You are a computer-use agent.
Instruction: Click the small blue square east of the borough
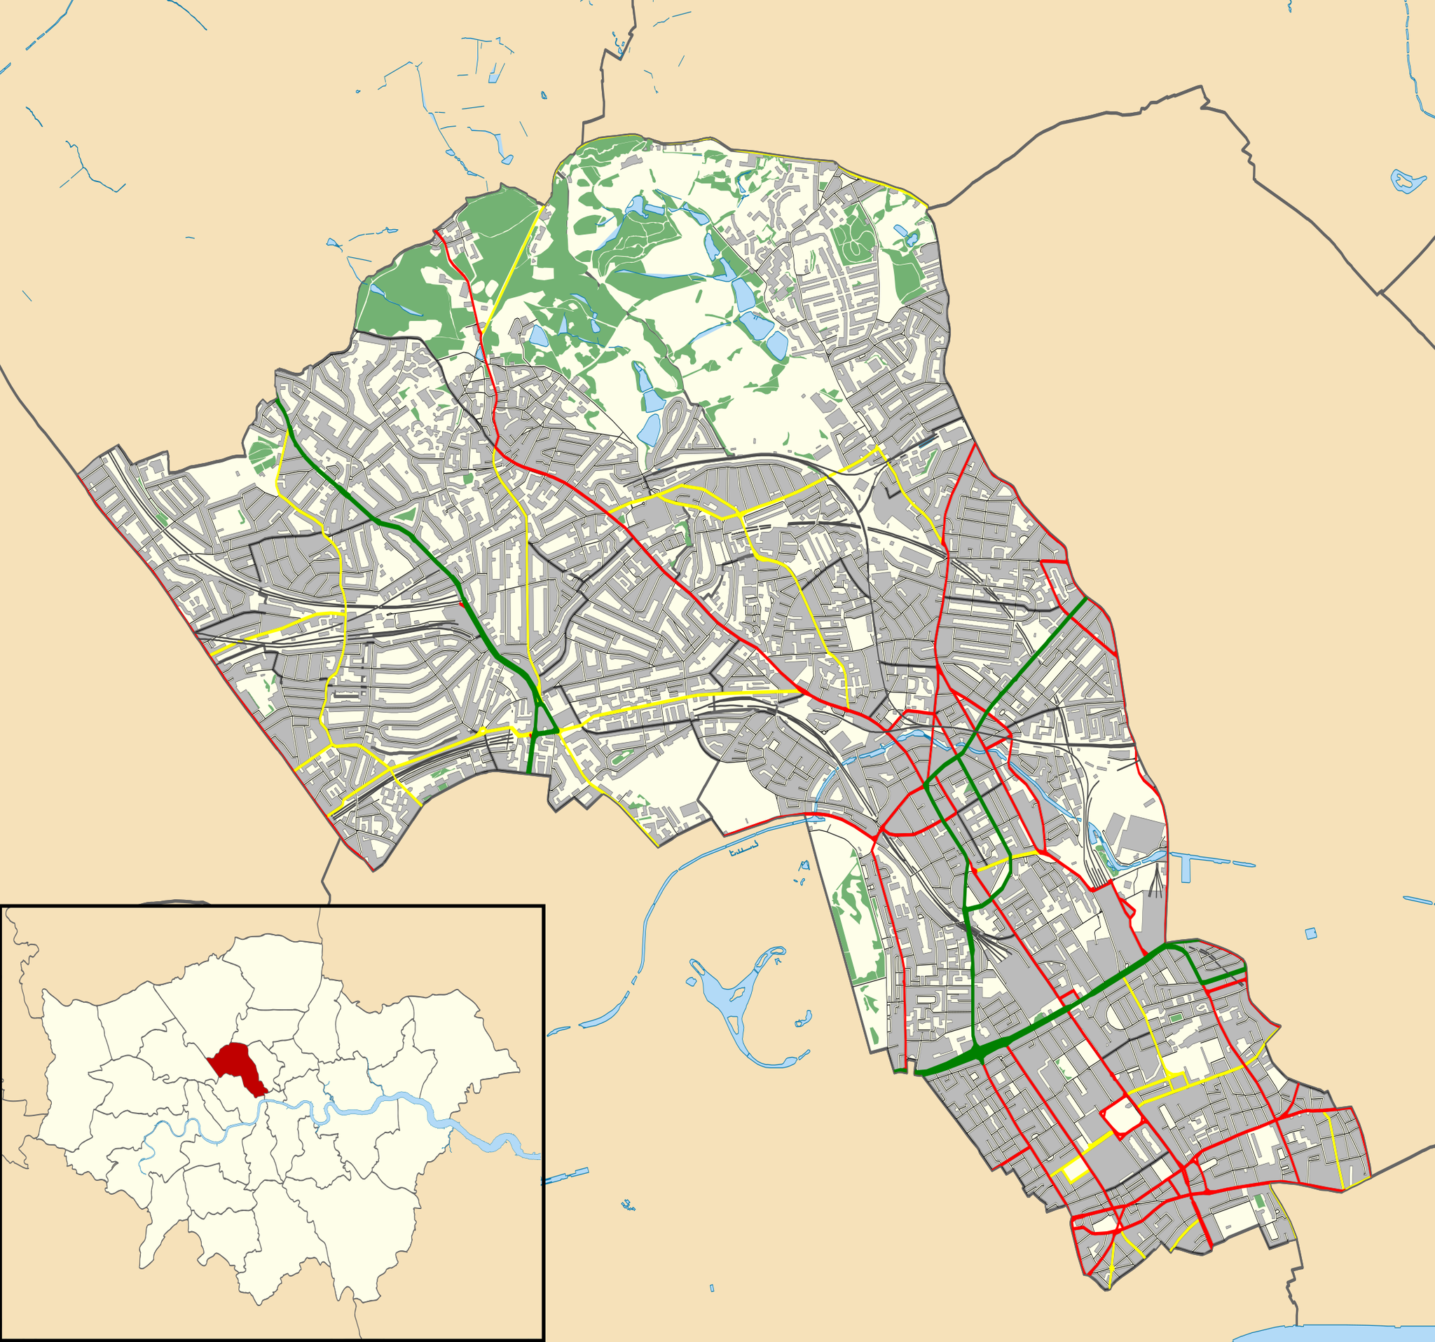(x=1310, y=934)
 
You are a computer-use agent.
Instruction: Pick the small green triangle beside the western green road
(x=406, y=514)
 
